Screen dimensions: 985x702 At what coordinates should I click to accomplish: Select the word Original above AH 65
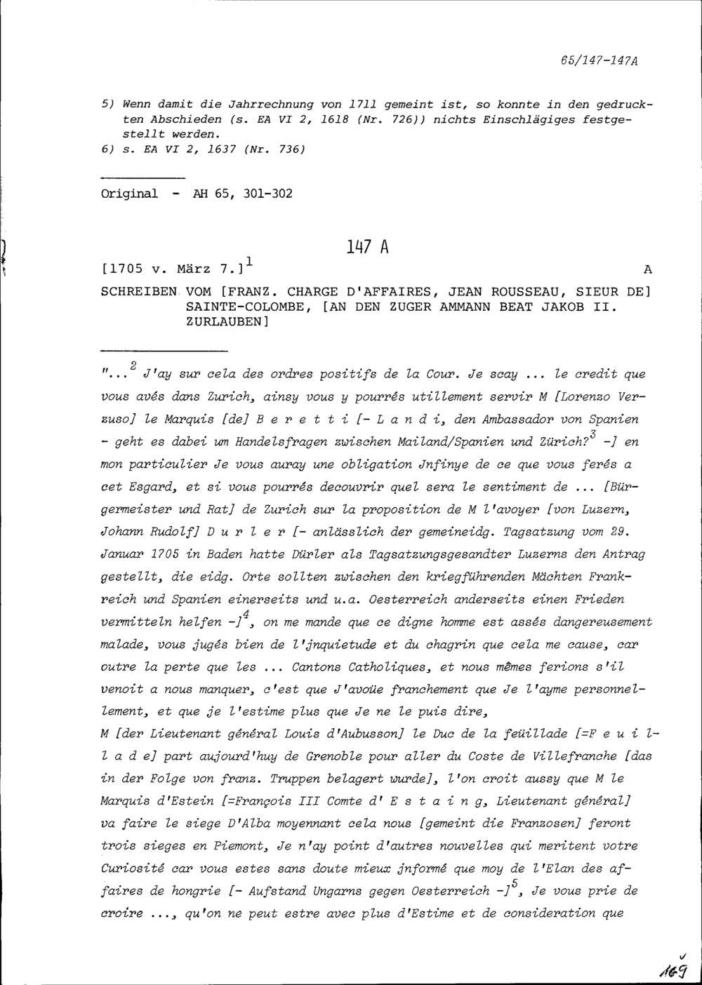130,194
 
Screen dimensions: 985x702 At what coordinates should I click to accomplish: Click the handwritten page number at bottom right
673,969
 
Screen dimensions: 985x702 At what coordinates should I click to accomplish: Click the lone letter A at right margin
647,270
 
